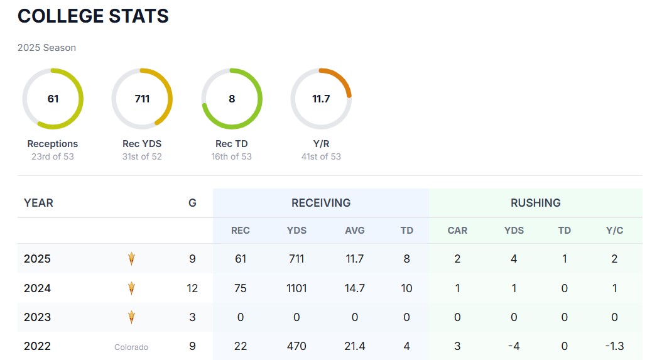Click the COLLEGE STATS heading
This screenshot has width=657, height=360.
point(93,16)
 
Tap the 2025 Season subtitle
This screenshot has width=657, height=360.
point(46,48)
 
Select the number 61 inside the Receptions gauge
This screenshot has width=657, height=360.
point(53,99)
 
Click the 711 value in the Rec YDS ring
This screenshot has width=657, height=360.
point(142,99)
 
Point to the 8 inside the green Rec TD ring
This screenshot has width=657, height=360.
point(232,99)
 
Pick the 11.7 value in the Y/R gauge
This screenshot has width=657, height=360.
point(321,99)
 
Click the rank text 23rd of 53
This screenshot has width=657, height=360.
point(53,156)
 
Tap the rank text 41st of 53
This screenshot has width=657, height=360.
point(321,156)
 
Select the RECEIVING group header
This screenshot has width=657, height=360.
point(321,203)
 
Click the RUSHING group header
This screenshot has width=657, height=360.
point(536,203)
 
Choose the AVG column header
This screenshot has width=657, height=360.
point(355,231)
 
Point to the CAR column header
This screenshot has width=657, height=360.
point(457,231)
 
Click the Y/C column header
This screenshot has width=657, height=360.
point(614,231)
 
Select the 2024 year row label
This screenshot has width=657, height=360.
point(37,288)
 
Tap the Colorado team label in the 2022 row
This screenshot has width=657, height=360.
point(131,347)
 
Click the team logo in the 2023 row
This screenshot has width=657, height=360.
point(131,317)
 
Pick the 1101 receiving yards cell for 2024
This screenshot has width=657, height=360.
point(296,288)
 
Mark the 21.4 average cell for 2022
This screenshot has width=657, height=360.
point(355,346)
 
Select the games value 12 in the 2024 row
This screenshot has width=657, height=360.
point(192,288)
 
